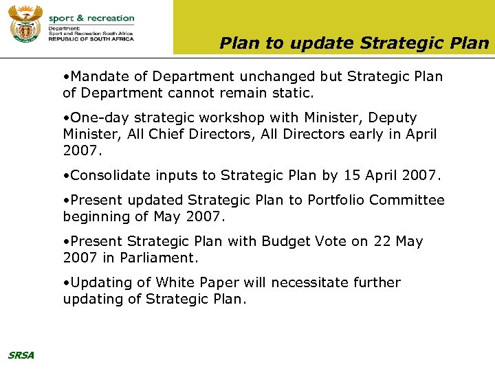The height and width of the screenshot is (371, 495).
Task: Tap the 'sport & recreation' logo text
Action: (91, 18)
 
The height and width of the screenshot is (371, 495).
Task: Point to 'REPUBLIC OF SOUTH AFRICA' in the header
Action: (91, 39)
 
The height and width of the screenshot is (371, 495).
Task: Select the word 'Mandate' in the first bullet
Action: (99, 76)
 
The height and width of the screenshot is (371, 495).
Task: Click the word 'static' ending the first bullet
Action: (291, 93)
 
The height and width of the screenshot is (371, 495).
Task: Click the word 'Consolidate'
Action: (111, 175)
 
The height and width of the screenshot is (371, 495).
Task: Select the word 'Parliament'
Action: (157, 258)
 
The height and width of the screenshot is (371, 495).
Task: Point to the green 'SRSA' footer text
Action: (21, 355)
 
